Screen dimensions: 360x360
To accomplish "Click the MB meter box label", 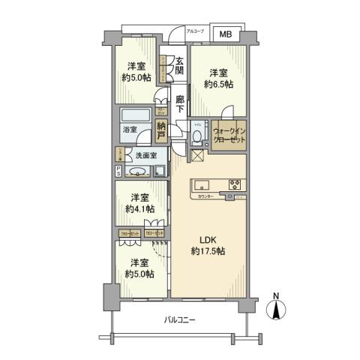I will point(225,34).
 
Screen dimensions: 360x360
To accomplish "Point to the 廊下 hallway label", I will point(180,102).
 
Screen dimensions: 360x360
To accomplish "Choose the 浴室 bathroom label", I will point(129,129).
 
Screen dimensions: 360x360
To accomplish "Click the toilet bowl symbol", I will point(196,136).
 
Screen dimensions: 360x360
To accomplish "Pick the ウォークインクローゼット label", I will point(228,135).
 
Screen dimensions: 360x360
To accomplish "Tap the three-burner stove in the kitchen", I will point(233,185).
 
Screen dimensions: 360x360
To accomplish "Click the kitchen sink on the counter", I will point(202,185).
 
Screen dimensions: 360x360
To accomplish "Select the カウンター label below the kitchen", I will point(206,196).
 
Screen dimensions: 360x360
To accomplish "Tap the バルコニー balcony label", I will point(179,320).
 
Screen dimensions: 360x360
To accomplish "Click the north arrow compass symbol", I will point(278,309).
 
